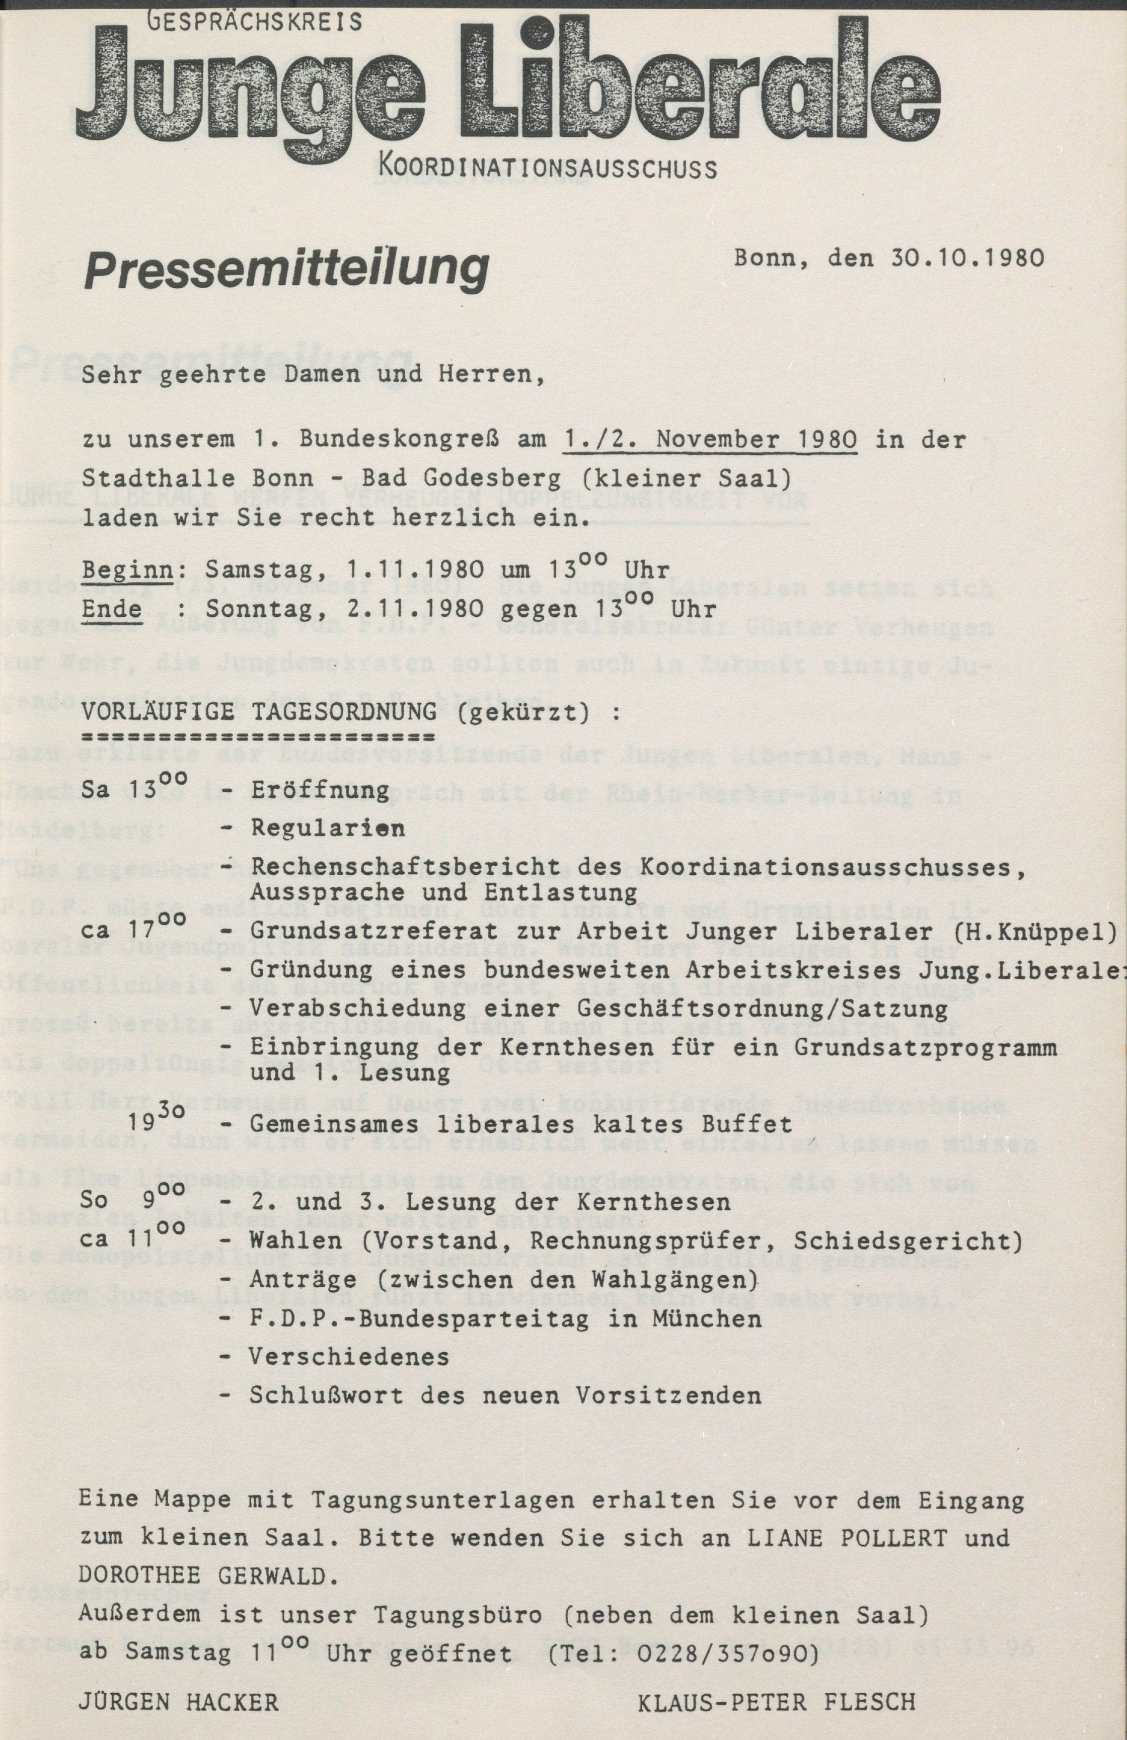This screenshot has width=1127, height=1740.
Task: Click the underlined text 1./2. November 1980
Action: [x=711, y=440]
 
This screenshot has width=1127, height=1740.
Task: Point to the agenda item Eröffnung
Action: [x=320, y=790]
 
